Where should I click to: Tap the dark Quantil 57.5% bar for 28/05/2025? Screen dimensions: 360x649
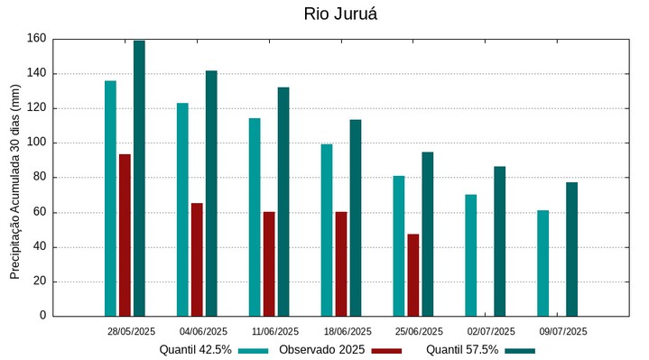click(139, 178)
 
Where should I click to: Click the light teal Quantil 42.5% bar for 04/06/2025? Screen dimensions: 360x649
click(182, 209)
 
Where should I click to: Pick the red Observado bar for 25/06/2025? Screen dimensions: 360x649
click(413, 274)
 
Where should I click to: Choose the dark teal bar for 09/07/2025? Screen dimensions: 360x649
click(571, 249)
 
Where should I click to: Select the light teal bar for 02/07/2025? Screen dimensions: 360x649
click(470, 254)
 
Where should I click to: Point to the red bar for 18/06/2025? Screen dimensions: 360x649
click(341, 263)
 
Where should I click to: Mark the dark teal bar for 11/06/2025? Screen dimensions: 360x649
click(283, 201)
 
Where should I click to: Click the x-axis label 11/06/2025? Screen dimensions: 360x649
click(275, 331)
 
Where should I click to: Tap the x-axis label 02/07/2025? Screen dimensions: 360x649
click(491, 331)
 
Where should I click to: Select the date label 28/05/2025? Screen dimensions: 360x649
click(131, 331)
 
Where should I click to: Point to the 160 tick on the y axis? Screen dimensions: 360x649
click(36, 39)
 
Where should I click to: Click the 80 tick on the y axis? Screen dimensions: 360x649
click(39, 178)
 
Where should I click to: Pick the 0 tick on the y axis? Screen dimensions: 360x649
click(42, 316)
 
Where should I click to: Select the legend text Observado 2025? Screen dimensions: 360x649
click(321, 349)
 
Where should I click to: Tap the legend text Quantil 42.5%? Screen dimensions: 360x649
click(195, 349)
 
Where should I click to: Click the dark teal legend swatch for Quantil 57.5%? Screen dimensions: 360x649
click(520, 350)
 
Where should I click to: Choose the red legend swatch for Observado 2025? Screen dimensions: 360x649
click(386, 350)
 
